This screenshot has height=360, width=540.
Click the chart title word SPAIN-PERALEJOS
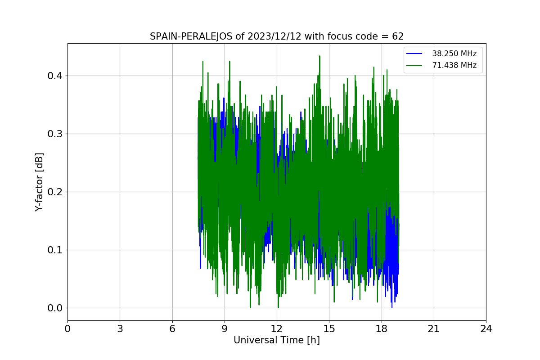tap(191, 36)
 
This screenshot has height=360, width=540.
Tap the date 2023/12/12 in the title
tap(274, 36)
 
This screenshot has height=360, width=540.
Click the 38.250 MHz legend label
tap(454, 54)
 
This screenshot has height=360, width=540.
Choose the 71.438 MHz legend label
tap(454, 65)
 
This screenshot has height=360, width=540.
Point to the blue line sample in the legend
tap(414, 54)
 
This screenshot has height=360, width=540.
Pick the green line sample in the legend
tap(414, 65)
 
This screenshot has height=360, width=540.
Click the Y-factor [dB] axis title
tap(39, 182)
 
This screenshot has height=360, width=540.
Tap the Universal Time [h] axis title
tap(277, 340)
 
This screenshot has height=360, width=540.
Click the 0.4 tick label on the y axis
tap(55, 76)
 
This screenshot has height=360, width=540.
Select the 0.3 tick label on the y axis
tap(55, 134)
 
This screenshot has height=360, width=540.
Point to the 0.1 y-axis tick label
tap(55, 250)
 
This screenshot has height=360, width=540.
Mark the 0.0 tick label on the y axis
tap(55, 308)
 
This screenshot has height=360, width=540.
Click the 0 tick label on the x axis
tap(67, 329)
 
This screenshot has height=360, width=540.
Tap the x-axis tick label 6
tap(172, 329)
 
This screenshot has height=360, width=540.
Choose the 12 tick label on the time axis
tap(277, 329)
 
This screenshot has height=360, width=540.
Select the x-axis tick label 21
tap(434, 329)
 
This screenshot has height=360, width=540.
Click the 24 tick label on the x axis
tap(486, 329)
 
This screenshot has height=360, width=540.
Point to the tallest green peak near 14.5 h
tap(319, 56)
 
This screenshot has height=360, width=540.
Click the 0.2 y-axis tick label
tap(55, 192)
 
